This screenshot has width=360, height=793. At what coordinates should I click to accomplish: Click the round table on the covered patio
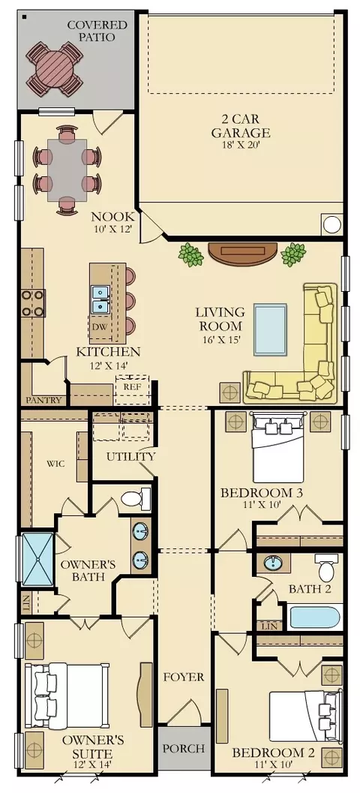(55, 69)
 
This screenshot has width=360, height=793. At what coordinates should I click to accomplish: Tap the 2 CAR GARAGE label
(241, 127)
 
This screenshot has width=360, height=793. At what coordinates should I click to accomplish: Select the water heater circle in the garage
(332, 224)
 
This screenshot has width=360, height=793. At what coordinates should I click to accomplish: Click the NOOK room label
(112, 217)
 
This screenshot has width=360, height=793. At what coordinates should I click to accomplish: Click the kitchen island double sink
(100, 299)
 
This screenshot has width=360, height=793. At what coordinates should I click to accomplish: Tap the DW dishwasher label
(99, 326)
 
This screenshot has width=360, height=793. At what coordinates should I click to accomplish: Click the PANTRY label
(44, 400)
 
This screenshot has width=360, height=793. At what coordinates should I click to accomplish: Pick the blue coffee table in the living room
(270, 329)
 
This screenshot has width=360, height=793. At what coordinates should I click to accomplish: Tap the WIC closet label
(55, 464)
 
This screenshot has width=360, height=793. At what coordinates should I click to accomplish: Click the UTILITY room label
(130, 457)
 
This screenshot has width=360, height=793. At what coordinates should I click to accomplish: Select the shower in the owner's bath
(37, 560)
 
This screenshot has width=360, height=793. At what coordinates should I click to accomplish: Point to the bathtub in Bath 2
(316, 617)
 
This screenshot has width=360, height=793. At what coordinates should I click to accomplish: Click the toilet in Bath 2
(327, 567)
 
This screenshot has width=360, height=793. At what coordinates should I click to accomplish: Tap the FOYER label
(184, 677)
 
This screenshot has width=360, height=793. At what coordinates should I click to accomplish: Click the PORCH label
(184, 748)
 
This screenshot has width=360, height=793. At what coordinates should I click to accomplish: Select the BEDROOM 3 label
(262, 493)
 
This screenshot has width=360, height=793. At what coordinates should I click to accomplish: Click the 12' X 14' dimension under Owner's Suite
(94, 764)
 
